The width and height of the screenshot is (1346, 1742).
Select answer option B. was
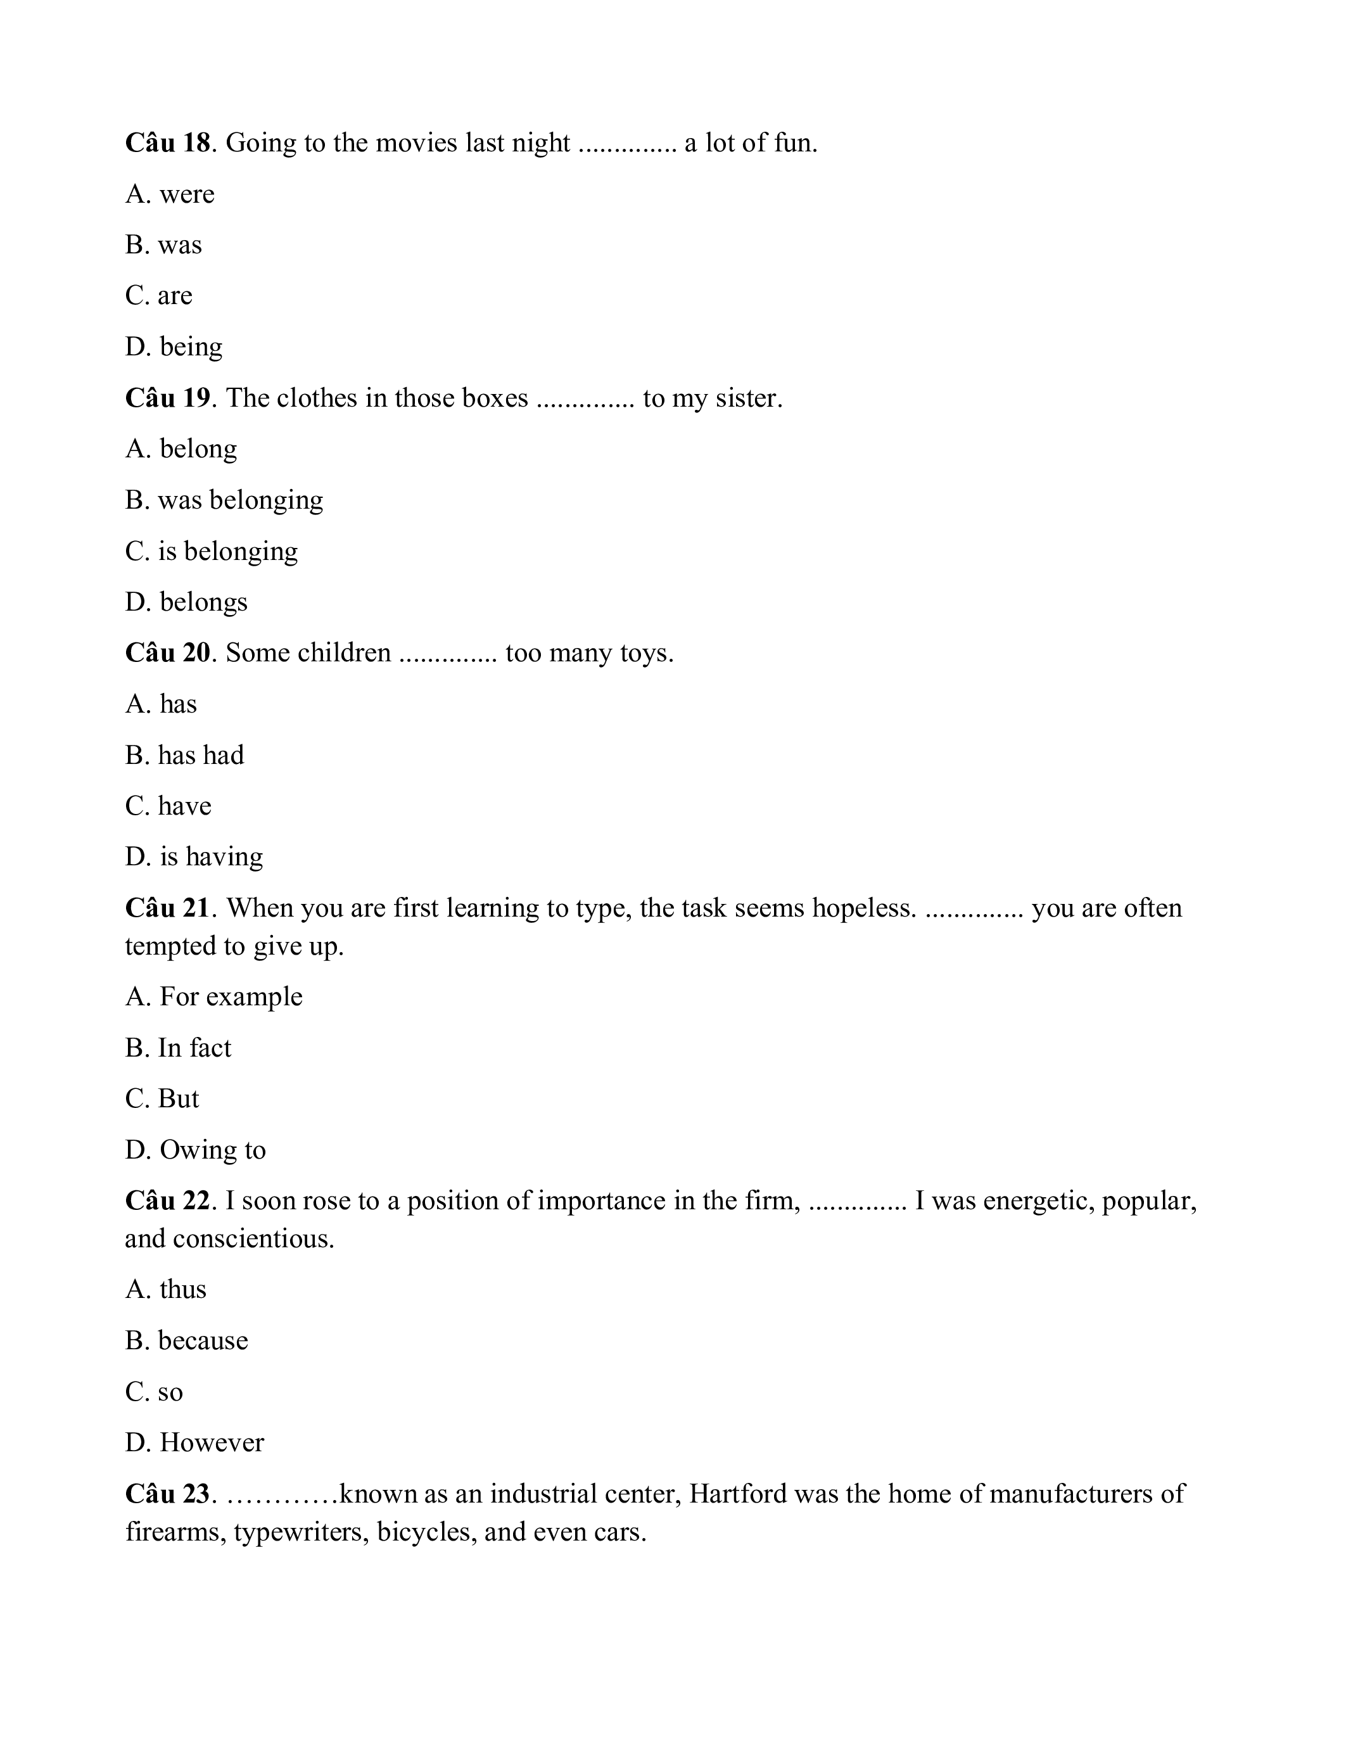point(163,245)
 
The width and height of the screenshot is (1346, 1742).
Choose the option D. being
point(174,347)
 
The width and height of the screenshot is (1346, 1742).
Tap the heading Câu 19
point(167,398)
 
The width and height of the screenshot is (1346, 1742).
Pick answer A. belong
point(181,449)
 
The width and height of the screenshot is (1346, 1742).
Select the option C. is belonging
point(212,551)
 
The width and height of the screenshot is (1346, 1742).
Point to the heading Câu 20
point(167,653)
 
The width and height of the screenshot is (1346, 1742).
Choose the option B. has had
point(185,755)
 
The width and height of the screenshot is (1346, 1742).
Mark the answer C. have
point(168,806)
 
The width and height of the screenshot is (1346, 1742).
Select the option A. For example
point(213,997)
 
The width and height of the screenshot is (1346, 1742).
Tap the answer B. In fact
point(178,1048)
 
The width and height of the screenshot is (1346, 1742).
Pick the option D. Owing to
point(195,1150)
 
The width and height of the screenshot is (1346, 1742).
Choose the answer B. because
point(187,1341)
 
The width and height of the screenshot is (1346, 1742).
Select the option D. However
point(194,1443)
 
